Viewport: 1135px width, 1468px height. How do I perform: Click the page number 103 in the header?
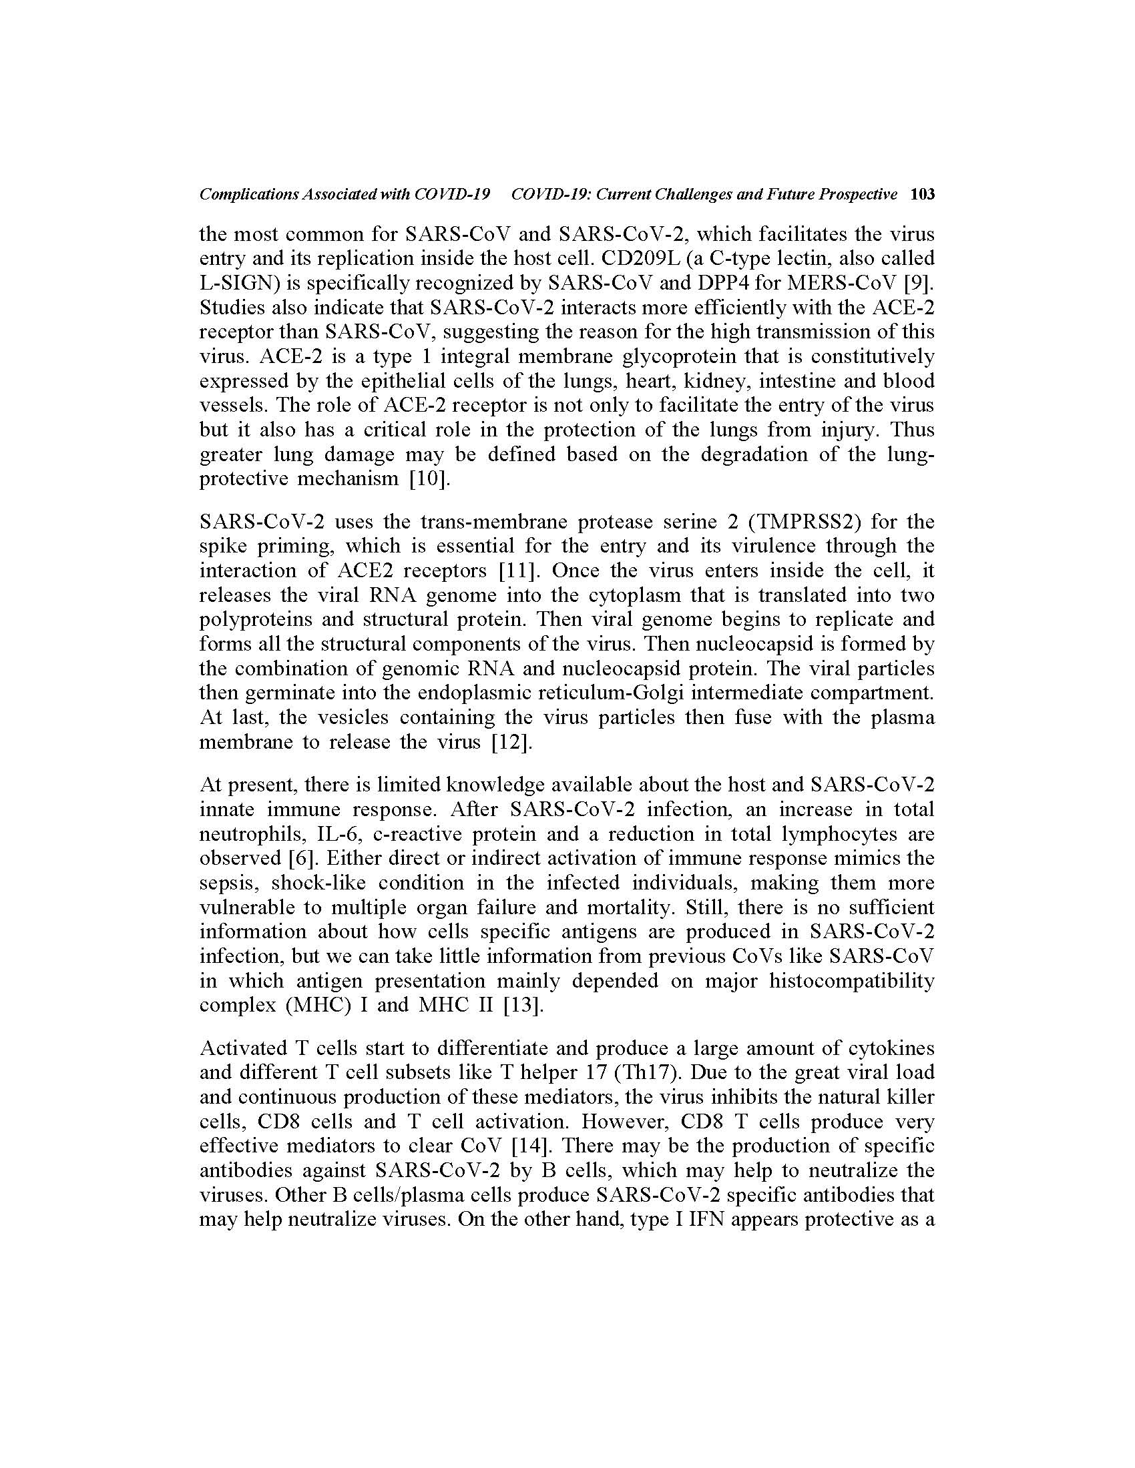tap(922, 195)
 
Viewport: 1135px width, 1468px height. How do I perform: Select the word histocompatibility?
tap(851, 981)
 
